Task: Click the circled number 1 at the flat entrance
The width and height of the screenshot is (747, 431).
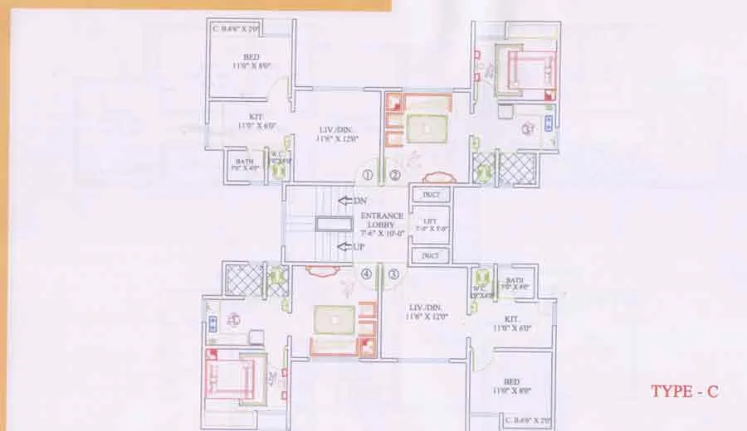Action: point(367,176)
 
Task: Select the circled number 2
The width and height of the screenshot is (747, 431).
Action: point(396,175)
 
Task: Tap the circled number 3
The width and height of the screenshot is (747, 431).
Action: point(393,274)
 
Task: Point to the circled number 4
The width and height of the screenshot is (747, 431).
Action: point(366,274)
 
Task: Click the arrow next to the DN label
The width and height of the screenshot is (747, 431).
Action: point(342,201)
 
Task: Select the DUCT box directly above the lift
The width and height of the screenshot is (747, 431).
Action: point(430,196)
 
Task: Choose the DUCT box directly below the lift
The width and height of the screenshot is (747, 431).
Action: point(430,256)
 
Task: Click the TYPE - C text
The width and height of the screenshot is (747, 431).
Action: point(684,391)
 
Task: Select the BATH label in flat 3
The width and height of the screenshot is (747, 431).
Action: point(515,282)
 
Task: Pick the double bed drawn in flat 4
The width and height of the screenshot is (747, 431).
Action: point(233,375)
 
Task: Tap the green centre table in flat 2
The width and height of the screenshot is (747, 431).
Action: point(427,128)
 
